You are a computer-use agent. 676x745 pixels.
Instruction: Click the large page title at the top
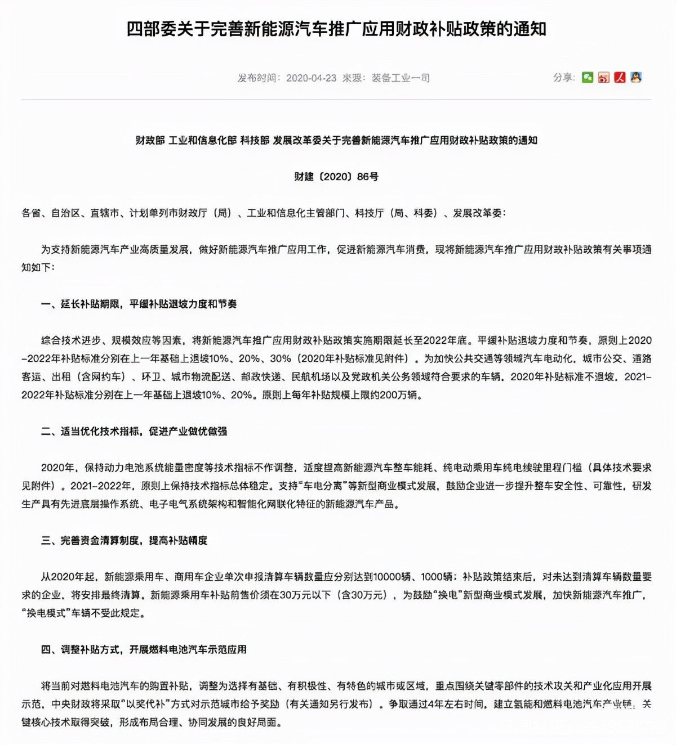[x=336, y=29]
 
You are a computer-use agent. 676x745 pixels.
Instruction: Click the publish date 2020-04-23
[x=311, y=78]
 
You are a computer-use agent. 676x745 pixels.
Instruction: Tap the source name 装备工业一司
[x=401, y=78]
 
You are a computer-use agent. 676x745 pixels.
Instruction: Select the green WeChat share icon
[x=588, y=78]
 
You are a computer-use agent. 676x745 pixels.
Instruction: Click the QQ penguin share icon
[x=636, y=78]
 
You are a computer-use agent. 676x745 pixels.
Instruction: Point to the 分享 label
[x=563, y=78]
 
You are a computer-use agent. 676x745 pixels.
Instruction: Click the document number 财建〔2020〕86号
[x=336, y=177]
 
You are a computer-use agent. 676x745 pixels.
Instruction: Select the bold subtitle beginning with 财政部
[x=336, y=140]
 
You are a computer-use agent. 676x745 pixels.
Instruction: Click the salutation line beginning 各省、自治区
[x=264, y=213]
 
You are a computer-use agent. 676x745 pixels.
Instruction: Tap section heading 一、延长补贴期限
[x=139, y=304]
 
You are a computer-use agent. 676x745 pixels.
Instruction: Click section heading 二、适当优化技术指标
[x=134, y=431]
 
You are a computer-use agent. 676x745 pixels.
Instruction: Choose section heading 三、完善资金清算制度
[x=124, y=540]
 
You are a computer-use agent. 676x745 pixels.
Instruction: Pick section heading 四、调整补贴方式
[x=144, y=649]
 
